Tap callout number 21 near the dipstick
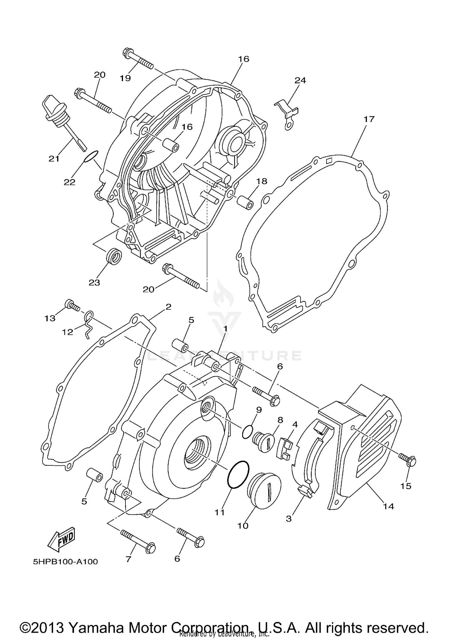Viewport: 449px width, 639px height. [x=54, y=159]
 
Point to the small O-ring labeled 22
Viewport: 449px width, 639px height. [x=91, y=156]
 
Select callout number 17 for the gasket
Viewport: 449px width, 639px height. [x=369, y=119]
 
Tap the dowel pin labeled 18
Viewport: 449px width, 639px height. [x=245, y=202]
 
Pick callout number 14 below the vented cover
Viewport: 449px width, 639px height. [x=388, y=506]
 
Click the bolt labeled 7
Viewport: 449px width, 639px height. [x=138, y=542]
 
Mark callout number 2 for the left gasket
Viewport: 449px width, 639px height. [x=168, y=307]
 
